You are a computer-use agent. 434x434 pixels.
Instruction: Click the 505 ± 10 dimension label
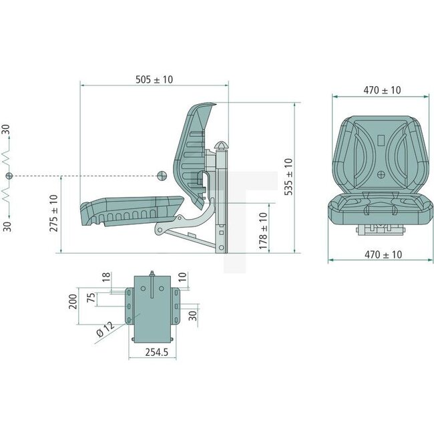[154, 79]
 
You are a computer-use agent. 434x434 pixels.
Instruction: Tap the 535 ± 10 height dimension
[288, 177]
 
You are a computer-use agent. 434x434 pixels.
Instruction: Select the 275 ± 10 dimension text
[53, 213]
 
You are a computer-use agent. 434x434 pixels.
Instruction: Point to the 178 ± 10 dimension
[263, 231]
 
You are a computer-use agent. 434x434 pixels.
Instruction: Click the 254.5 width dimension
[157, 353]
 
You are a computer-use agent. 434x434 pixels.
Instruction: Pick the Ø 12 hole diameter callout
[105, 329]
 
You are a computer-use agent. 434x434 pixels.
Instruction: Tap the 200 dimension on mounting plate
[73, 302]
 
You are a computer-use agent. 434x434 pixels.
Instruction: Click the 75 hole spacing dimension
[91, 297]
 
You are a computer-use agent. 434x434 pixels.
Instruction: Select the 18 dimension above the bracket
[106, 277]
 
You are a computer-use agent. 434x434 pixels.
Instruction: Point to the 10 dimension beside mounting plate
[182, 277]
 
